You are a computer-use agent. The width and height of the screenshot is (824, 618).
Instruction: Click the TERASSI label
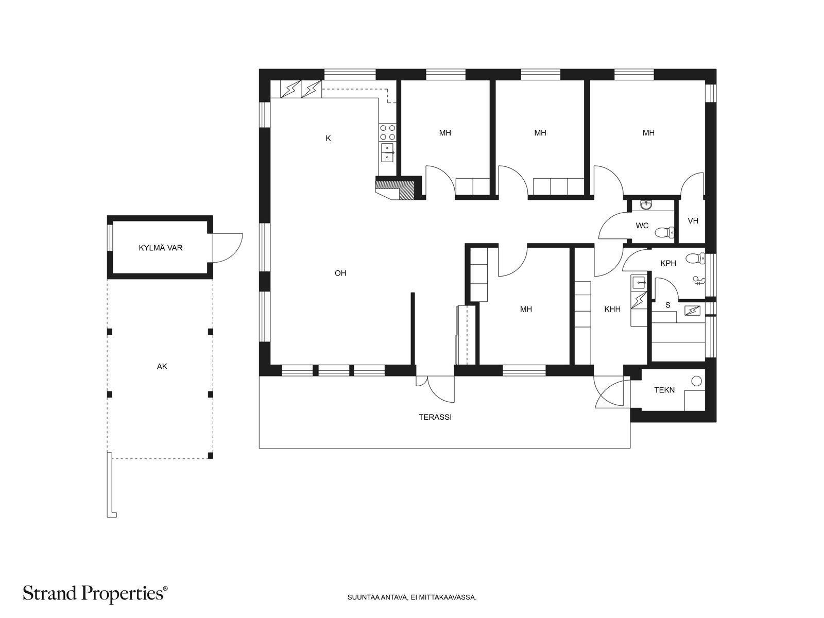point(435,417)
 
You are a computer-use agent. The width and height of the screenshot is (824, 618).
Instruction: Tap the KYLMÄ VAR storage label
point(160,248)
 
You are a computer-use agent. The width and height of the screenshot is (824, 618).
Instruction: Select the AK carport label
point(162,367)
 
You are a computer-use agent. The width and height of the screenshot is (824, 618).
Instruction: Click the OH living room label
point(340,273)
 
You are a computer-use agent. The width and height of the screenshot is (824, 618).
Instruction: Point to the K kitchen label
point(328,139)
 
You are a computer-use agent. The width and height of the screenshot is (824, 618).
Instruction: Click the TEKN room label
point(664,390)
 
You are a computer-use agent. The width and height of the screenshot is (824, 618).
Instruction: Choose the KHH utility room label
point(612,309)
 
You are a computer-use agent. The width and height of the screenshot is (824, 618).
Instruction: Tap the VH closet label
point(693,220)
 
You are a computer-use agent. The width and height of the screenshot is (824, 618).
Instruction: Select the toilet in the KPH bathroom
point(695,259)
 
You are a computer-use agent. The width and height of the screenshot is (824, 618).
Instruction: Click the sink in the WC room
point(646,205)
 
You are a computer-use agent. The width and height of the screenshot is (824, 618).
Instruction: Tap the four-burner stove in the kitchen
point(387,132)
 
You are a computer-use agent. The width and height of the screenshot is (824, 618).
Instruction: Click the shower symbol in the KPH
point(699,281)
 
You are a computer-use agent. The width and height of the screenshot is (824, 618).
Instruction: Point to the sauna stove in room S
point(692,311)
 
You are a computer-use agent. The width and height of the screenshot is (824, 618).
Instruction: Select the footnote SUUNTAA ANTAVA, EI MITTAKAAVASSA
point(412,597)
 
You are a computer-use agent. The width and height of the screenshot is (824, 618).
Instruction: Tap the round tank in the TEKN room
point(696,381)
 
